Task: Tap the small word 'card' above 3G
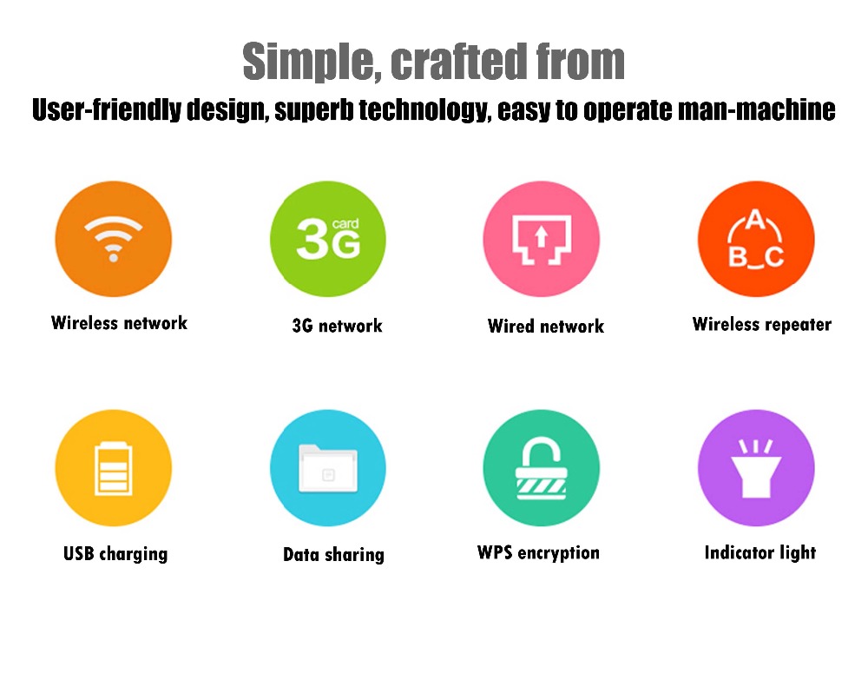(x=345, y=224)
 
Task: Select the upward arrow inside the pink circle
(x=542, y=236)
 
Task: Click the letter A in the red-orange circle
(x=755, y=220)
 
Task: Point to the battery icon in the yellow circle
(x=114, y=468)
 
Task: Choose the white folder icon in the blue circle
(x=328, y=468)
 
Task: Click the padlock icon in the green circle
(x=542, y=468)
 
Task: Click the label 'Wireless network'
(x=119, y=323)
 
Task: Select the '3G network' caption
(x=337, y=326)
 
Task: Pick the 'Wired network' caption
(x=546, y=327)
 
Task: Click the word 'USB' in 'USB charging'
(x=79, y=553)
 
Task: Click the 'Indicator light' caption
(x=760, y=552)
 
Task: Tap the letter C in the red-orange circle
(x=774, y=257)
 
